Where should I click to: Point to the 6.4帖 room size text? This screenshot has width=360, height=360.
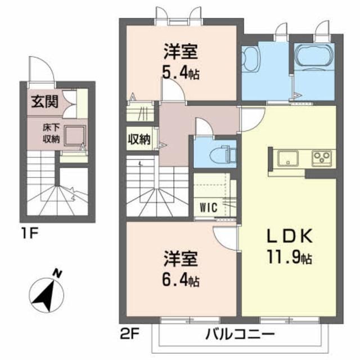click(x=181, y=278)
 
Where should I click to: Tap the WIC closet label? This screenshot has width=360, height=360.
click(x=208, y=205)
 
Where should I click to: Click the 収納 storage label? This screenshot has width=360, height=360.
click(x=138, y=139)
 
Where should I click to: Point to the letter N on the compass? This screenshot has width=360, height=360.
click(x=57, y=274)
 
